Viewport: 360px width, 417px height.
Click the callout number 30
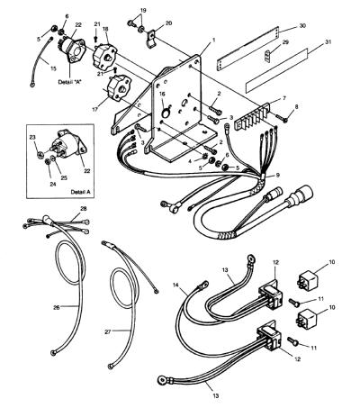302,26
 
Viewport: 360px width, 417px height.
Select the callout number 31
328,42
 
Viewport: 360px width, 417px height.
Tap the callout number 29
285,42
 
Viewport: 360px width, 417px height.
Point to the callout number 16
162,94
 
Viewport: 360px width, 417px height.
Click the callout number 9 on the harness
277,175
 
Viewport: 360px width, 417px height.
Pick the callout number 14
175,285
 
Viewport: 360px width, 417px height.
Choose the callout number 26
57,307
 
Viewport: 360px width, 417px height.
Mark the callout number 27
108,331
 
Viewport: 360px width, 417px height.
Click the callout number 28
84,209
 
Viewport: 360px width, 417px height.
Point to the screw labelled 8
281,119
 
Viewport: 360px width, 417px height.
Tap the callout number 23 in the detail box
32,137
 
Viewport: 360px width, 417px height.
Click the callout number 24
53,184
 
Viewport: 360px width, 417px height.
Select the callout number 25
64,178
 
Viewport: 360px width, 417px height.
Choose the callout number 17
95,110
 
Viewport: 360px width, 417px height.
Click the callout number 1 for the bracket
213,40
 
